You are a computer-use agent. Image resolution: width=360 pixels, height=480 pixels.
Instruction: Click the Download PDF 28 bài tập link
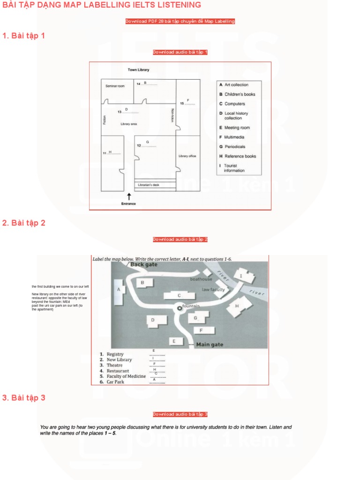click(x=180, y=22)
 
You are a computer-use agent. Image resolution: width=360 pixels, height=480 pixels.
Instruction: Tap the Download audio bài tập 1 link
click(x=180, y=52)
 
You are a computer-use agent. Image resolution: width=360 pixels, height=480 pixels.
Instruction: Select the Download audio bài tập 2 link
click(x=180, y=240)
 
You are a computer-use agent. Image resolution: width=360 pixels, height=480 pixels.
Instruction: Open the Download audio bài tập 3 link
click(x=180, y=414)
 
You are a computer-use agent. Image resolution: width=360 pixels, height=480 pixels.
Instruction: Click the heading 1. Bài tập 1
click(x=24, y=36)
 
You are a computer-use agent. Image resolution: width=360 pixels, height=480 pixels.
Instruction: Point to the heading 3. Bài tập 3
click(x=24, y=398)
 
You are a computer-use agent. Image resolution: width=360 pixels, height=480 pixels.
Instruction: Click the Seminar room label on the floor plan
click(x=115, y=86)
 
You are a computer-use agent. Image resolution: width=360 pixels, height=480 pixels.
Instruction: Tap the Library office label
click(x=187, y=156)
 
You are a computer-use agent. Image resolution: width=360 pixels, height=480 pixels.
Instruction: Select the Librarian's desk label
click(x=149, y=185)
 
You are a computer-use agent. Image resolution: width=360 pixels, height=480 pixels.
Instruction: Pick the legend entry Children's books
click(x=240, y=94)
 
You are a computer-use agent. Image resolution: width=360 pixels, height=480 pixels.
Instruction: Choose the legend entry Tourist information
click(x=234, y=168)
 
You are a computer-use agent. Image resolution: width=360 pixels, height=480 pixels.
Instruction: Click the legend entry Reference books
click(x=240, y=156)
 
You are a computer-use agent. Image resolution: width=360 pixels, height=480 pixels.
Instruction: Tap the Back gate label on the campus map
click(x=144, y=264)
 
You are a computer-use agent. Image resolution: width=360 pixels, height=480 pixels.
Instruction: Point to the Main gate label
click(x=210, y=345)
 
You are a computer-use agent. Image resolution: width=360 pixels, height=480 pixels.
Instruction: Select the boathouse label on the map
click(x=201, y=279)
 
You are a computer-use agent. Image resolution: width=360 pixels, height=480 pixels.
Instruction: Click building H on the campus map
click(x=237, y=306)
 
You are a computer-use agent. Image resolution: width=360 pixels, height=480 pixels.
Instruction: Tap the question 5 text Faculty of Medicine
click(x=126, y=376)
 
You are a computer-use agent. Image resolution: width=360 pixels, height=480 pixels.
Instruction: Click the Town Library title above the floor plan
click(x=139, y=70)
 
